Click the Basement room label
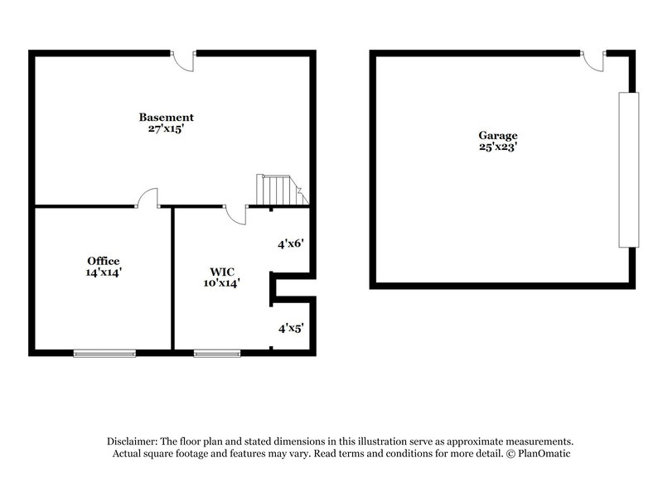(167, 118)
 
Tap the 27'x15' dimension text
(167, 129)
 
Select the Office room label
(104, 261)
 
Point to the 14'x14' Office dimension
(104, 272)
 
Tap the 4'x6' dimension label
(291, 243)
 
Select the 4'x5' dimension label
(291, 328)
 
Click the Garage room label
(497, 136)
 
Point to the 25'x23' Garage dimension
(497, 147)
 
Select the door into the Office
(148, 199)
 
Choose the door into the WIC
(237, 214)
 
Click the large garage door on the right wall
(629, 170)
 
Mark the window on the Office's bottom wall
(104, 354)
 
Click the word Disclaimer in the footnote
(131, 441)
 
